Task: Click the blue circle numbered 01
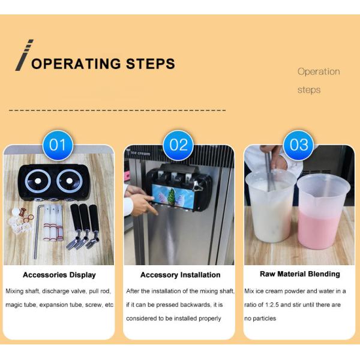pos(58,145)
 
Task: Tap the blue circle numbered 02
pos(179,145)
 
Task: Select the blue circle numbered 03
pos(299,145)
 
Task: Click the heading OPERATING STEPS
pos(103,64)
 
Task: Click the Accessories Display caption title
pos(59,275)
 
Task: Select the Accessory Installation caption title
pos(180,275)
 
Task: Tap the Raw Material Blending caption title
pos(300,274)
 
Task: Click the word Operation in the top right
pos(319,71)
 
